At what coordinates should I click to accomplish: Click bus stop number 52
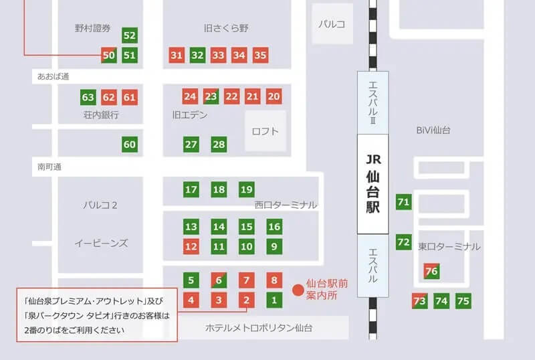(x=130, y=35)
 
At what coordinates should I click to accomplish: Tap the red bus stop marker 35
(x=261, y=55)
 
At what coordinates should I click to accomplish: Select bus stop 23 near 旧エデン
(x=211, y=96)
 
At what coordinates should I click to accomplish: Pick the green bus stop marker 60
(x=130, y=144)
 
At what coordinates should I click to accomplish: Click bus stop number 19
(x=247, y=189)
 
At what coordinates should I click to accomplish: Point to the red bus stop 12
(x=191, y=246)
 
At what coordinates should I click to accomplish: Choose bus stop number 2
(x=247, y=300)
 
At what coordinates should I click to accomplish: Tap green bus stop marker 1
(x=274, y=300)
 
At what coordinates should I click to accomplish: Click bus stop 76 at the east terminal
(x=431, y=271)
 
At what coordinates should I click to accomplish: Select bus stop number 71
(x=403, y=201)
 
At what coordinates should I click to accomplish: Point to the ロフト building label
(x=265, y=132)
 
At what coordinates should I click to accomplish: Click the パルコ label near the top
(x=331, y=24)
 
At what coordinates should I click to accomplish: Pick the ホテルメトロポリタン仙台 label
(x=259, y=328)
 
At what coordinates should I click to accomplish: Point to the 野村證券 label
(x=92, y=28)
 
